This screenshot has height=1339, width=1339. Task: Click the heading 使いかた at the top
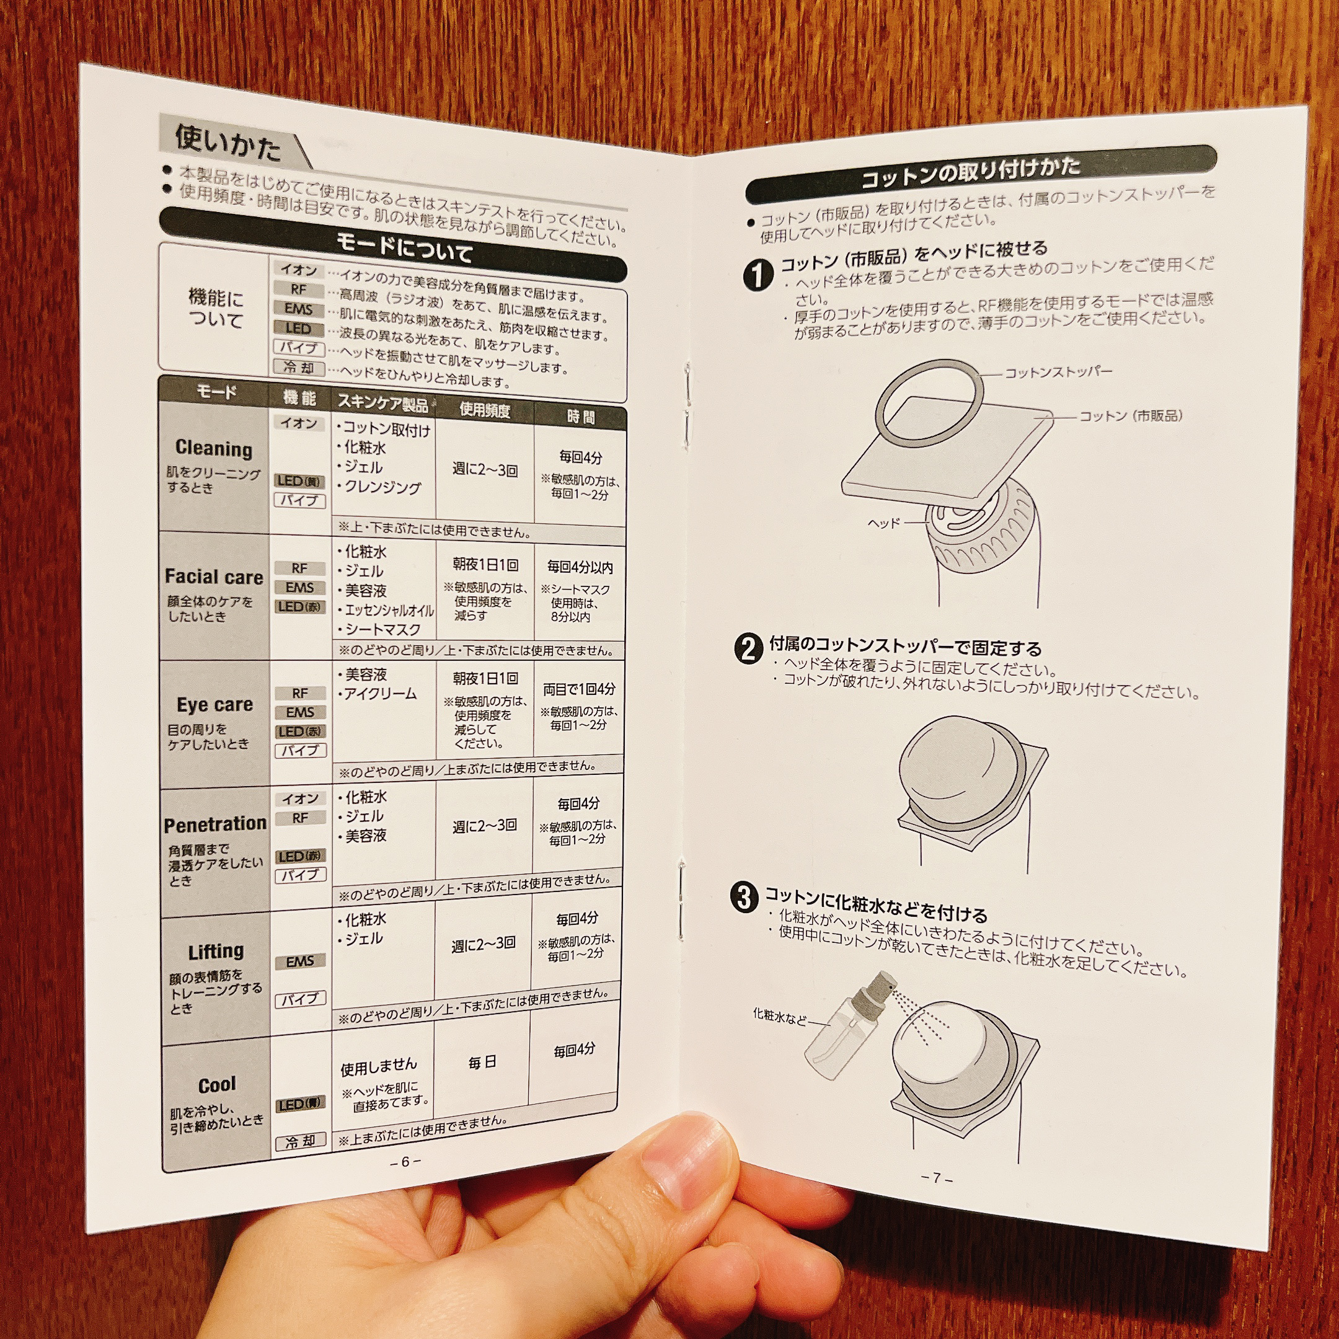228,143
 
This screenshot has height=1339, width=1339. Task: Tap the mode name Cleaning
213,448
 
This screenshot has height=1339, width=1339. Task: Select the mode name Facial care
214,577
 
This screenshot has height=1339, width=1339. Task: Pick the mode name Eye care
215,705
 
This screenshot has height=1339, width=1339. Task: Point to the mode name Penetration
215,824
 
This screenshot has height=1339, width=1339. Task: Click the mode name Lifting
216,951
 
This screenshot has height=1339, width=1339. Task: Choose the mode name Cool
217,1085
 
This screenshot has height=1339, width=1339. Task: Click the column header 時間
581,417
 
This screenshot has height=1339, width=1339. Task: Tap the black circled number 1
758,275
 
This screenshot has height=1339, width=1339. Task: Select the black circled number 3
745,898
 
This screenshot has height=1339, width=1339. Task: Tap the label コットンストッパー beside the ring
1058,372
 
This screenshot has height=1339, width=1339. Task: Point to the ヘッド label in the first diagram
883,523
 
